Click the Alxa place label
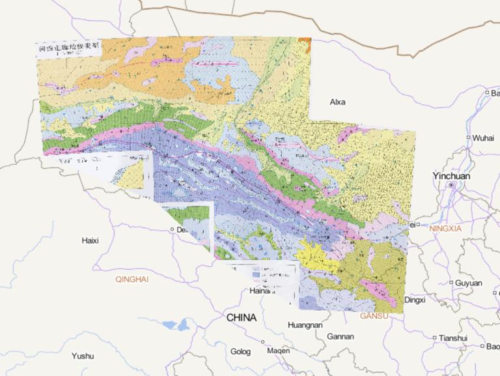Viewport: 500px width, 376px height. tap(338, 102)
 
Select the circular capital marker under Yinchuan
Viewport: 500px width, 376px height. tap(451, 186)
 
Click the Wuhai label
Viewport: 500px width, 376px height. tap(483, 138)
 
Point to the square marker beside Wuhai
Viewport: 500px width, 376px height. tap(468, 137)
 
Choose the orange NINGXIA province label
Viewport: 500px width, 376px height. tap(445, 229)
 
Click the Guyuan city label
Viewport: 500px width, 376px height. tap(469, 283)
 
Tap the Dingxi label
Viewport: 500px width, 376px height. tap(415, 300)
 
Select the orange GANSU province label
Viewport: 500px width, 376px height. tap(374, 316)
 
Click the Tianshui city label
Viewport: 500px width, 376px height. tap(453, 338)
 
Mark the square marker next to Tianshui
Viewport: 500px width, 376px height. tap(435, 338)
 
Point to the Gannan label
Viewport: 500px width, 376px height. tap(340, 337)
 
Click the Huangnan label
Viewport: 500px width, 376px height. tap(305, 325)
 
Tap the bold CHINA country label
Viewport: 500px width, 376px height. tap(242, 318)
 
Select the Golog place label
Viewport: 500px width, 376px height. tap(240, 352)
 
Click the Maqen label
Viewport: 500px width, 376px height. tap(279, 351)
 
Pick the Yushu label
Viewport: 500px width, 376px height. tap(83, 356)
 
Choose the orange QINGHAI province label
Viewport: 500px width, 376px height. tap(132, 279)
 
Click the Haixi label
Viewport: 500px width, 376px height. tap(90, 240)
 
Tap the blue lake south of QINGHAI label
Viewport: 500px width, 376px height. tap(173, 324)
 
